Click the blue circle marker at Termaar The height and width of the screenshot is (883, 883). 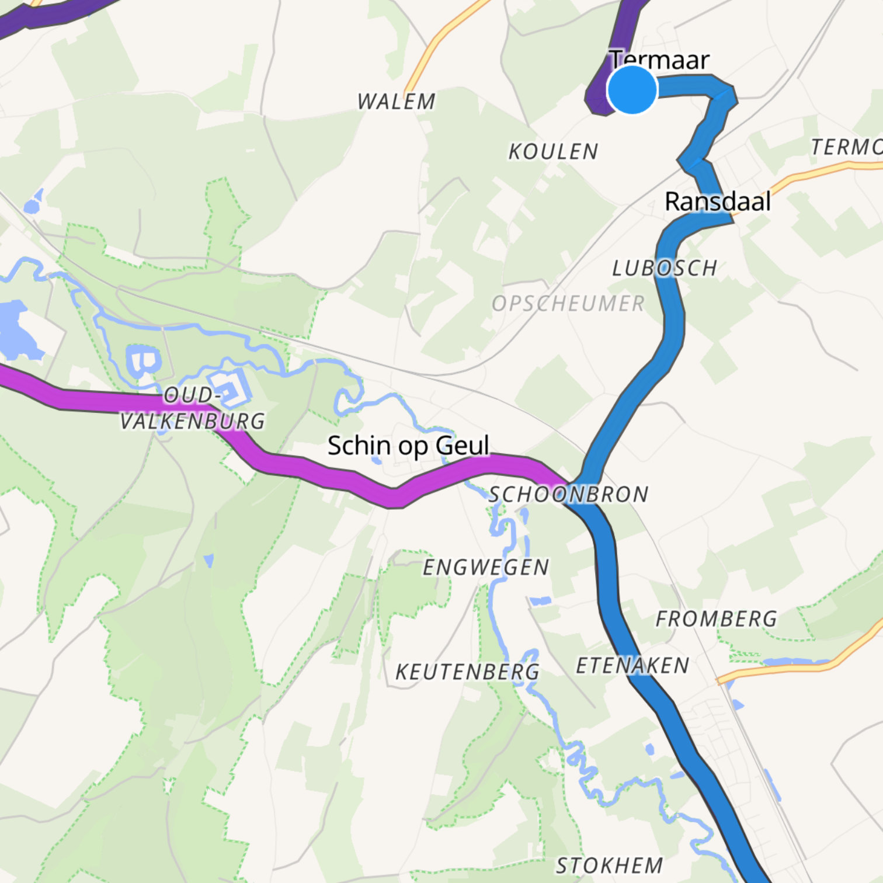coord(632,90)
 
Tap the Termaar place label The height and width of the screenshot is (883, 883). coord(660,60)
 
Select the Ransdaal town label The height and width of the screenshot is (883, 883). coord(718,201)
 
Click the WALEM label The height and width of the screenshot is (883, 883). coord(397,102)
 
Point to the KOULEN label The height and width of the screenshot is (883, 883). coord(553,152)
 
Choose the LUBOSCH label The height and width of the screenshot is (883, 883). coord(665,268)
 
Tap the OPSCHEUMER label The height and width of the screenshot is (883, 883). coord(568,304)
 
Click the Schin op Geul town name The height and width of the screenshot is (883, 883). coord(408,446)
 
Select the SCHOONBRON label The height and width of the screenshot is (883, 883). coord(568,495)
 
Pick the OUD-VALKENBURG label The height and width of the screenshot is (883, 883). coord(192,408)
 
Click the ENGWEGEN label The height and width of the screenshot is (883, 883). coord(486,567)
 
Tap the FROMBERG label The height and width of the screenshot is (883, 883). coord(716,619)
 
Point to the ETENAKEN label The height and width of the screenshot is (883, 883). coord(632,666)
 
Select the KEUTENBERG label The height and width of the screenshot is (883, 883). coord(467,672)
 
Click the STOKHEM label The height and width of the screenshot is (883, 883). coord(609,865)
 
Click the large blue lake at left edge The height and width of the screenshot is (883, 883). coord(18,330)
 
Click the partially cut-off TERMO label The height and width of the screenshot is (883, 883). coord(847,147)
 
